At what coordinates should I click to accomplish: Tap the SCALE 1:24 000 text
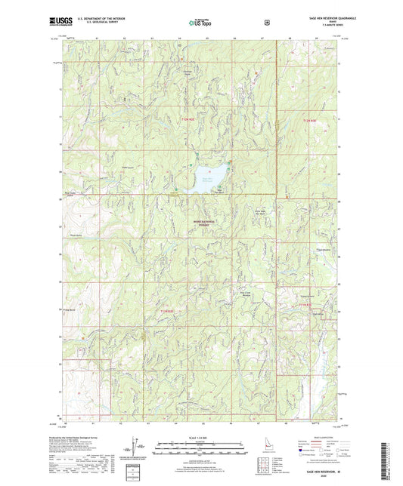point(201,438)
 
